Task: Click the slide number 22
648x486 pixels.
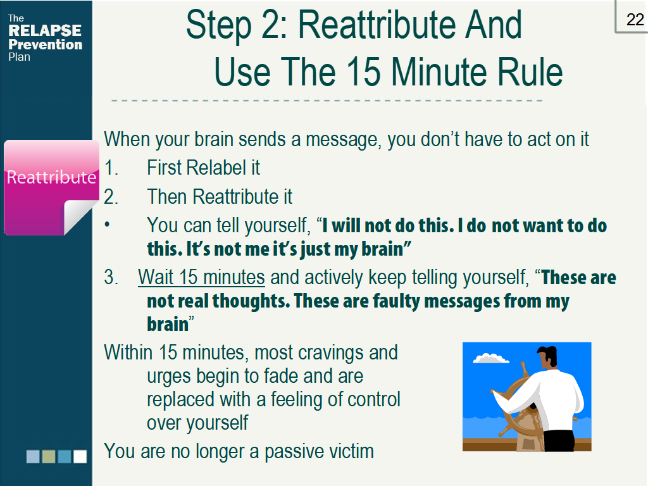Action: pyautogui.click(x=635, y=20)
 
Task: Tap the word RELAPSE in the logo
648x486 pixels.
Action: pyautogui.click(x=44, y=31)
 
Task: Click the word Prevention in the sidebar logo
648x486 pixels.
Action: pyautogui.click(x=46, y=44)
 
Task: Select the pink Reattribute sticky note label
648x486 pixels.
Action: pyautogui.click(x=51, y=177)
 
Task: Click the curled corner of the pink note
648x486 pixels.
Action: pyautogui.click(x=82, y=215)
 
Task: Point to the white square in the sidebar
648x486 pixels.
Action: pyautogui.click(x=80, y=456)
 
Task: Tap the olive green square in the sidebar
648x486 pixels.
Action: pyautogui.click(x=49, y=456)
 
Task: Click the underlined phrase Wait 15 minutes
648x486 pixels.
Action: pyautogui.click(x=201, y=277)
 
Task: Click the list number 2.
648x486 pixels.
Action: pyautogui.click(x=111, y=197)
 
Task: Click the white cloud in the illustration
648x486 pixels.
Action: pyautogui.click(x=491, y=359)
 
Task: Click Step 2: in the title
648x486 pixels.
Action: pyautogui.click(x=237, y=25)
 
